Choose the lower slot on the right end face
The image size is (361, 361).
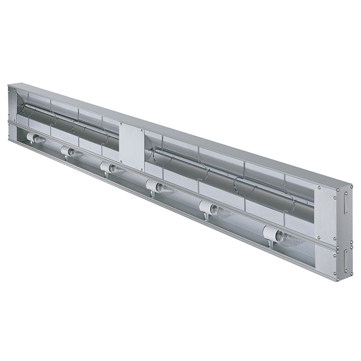click(x=345, y=260)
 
